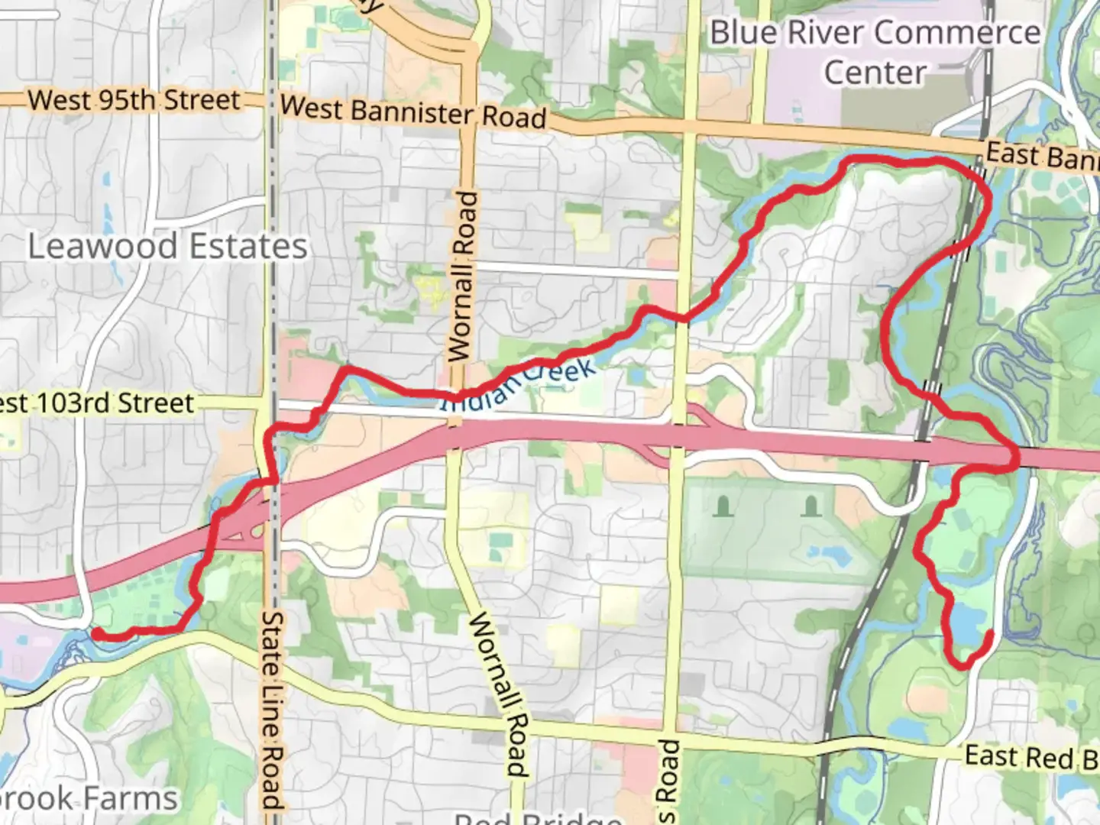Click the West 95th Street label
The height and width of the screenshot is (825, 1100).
tap(134, 100)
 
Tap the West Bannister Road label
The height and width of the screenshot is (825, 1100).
tap(413, 112)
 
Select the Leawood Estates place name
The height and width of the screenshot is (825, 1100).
tap(168, 247)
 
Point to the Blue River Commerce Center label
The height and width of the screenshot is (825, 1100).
tap(875, 53)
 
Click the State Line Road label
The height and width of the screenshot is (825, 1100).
tap(273, 710)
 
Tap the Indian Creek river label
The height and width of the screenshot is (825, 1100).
tap(519, 385)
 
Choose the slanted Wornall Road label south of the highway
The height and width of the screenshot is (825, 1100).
tap(497, 692)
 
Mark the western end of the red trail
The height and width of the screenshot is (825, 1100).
tap(98, 632)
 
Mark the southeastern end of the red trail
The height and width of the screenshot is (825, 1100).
tap(991, 633)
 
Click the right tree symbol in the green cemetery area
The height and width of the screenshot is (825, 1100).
tap(811, 505)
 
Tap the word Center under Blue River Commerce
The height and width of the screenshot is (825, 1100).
tap(875, 73)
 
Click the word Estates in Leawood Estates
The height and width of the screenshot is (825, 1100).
tap(247, 247)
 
